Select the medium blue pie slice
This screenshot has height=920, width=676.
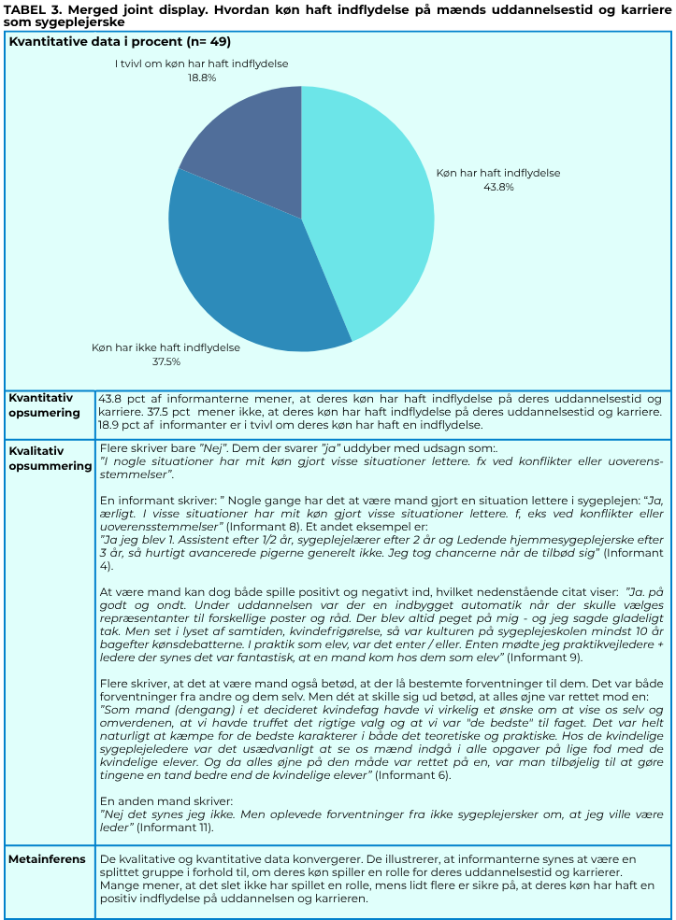tap(248, 271)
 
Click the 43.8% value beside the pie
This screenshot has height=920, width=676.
tap(497, 187)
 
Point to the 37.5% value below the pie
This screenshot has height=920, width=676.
tap(165, 361)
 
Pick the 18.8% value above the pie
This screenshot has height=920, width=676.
tap(201, 78)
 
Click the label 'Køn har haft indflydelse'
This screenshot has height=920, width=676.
tap(498, 173)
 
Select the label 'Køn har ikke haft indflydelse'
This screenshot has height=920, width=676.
tap(165, 347)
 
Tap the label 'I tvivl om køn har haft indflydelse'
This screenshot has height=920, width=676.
tap(201, 64)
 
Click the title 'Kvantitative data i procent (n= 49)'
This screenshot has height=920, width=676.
tap(120, 42)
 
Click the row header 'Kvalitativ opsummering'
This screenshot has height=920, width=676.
tap(50, 458)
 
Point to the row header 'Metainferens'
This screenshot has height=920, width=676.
tap(47, 858)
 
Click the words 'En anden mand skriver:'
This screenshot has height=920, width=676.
tap(166, 800)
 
